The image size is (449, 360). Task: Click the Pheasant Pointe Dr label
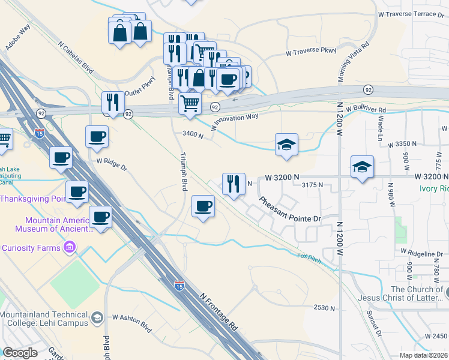(x=291, y=209)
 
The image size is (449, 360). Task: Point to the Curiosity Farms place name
(x=30, y=248)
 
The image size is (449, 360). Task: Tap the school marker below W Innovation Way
(x=286, y=145)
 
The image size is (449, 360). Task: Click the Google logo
(x=20, y=353)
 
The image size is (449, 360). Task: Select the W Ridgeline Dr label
(x=426, y=254)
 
